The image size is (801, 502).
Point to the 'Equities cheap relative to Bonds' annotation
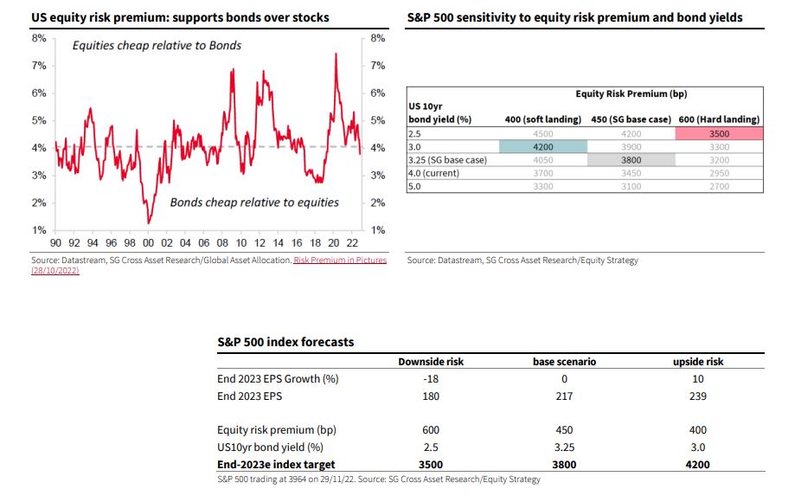click(x=157, y=45)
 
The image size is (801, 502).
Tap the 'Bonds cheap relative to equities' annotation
click(x=254, y=203)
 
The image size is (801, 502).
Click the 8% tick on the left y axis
click(x=39, y=38)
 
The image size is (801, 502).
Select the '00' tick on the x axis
click(x=149, y=243)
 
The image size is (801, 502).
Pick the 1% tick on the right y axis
click(x=377, y=230)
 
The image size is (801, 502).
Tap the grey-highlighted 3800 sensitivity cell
click(x=631, y=160)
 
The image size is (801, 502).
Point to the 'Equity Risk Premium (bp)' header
click(x=631, y=94)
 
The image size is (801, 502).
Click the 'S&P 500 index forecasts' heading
click(x=285, y=342)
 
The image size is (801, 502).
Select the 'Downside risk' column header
click(x=431, y=362)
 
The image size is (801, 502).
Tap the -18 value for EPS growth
click(x=431, y=378)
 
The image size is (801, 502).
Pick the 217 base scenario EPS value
click(x=565, y=396)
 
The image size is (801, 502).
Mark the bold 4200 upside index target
click(x=698, y=463)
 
